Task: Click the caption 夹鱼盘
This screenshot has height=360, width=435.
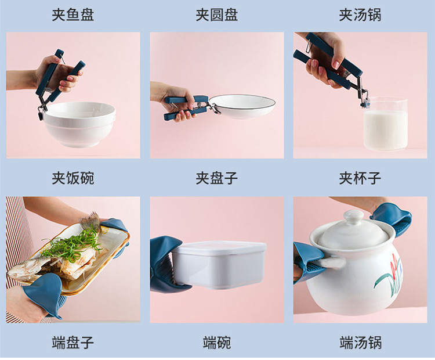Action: (73, 15)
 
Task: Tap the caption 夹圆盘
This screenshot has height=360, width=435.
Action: (217, 15)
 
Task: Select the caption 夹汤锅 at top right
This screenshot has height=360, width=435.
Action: (360, 15)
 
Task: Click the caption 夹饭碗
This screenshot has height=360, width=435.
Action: (73, 178)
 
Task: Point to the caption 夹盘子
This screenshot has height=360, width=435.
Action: (217, 178)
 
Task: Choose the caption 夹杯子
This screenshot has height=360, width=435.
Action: (360, 178)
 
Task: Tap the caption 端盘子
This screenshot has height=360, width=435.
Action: (73, 342)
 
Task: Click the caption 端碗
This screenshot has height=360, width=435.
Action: (217, 342)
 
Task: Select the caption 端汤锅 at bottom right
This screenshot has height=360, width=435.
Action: (360, 342)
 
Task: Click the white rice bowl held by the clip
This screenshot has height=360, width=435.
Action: (79, 124)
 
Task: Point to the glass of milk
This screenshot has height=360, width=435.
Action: (385, 124)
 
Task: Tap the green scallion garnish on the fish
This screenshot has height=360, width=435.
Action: (72, 244)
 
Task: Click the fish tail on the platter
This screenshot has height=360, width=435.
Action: (89, 219)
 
